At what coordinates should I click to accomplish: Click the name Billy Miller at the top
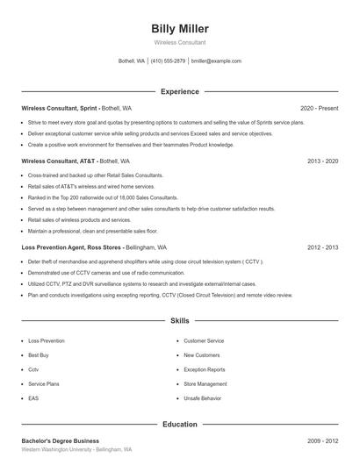179,29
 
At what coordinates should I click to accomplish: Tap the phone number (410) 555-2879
168,61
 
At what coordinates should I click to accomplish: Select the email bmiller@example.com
216,61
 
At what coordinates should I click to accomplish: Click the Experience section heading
179,91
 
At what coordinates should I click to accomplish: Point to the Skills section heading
179,322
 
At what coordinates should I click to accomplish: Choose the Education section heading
179,424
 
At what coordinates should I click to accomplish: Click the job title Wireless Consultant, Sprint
59,108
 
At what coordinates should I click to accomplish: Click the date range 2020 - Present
319,108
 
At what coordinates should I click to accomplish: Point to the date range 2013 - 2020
322,161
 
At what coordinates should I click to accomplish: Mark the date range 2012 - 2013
322,247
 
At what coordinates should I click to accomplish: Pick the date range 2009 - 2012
322,440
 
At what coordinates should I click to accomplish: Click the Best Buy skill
39,355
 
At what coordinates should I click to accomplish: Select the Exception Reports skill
204,369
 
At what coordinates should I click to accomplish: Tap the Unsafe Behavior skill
202,398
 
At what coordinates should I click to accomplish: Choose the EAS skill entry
33,398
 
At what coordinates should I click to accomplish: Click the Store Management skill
205,383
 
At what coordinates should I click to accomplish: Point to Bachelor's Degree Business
60,440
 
